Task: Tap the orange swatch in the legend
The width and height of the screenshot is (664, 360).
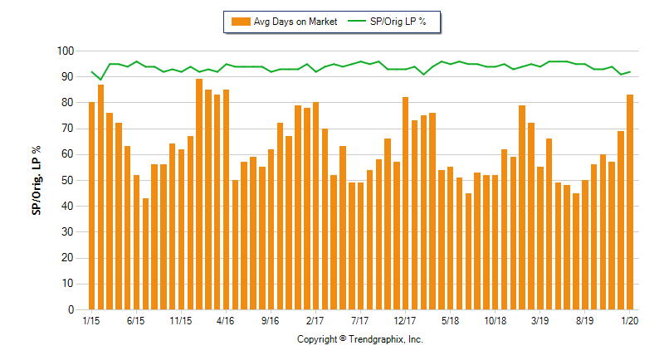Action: (x=242, y=22)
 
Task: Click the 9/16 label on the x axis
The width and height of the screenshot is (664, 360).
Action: (x=270, y=320)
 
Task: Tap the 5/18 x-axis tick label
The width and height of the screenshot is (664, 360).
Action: (x=450, y=320)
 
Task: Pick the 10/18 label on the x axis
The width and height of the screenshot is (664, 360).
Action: (x=495, y=320)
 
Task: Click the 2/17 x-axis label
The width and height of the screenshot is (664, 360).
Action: (x=315, y=320)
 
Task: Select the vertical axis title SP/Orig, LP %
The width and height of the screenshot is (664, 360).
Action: (x=37, y=181)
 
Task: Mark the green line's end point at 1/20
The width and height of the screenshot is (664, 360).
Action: (x=630, y=71)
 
